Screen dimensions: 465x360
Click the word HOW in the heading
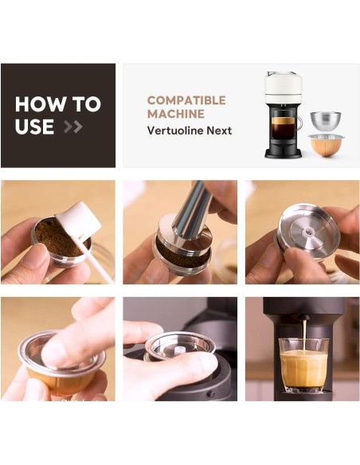click(36, 104)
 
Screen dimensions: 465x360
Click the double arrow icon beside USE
click(72, 127)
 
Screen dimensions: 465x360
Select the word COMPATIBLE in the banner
click(186, 100)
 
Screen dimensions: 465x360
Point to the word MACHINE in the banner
click(170, 115)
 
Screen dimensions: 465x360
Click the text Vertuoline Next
click(189, 131)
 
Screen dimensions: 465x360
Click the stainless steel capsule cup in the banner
click(326, 121)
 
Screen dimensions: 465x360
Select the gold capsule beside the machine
click(327, 147)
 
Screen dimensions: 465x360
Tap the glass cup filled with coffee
click(303, 366)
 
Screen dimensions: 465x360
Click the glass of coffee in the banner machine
click(283, 127)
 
